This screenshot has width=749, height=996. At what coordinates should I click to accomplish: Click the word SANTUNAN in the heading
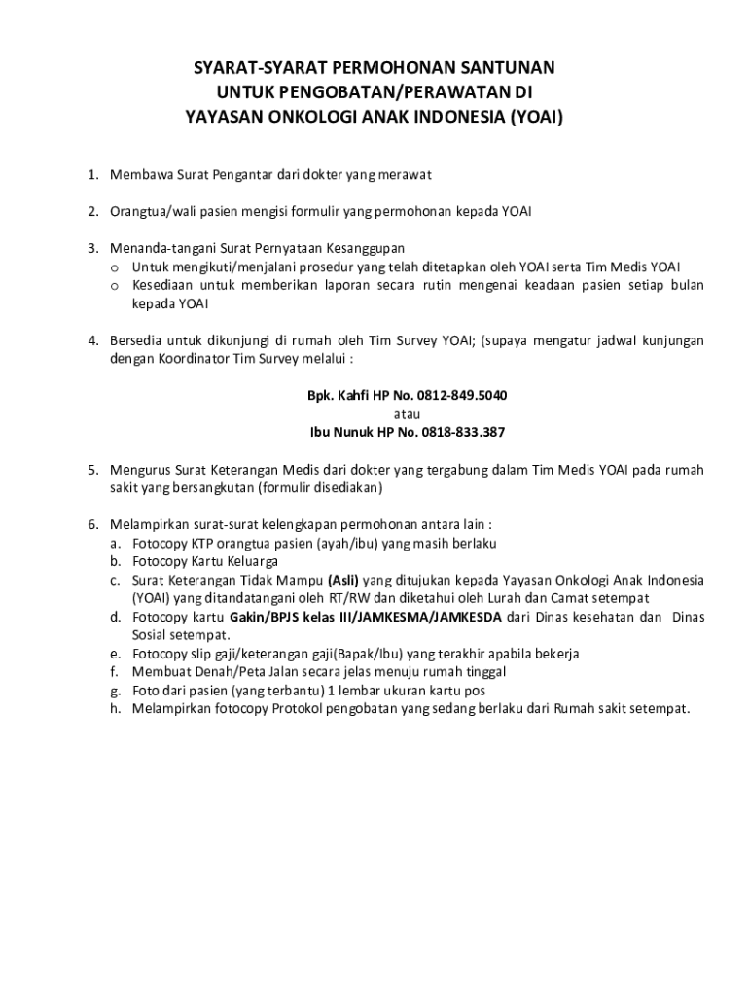(507, 69)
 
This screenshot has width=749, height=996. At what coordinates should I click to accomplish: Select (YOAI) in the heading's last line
(532, 118)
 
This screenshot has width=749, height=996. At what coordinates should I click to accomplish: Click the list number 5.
(93, 470)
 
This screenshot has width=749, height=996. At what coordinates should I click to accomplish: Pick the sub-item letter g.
(114, 691)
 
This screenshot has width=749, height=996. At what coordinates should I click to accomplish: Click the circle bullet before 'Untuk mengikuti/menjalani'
(114, 267)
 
